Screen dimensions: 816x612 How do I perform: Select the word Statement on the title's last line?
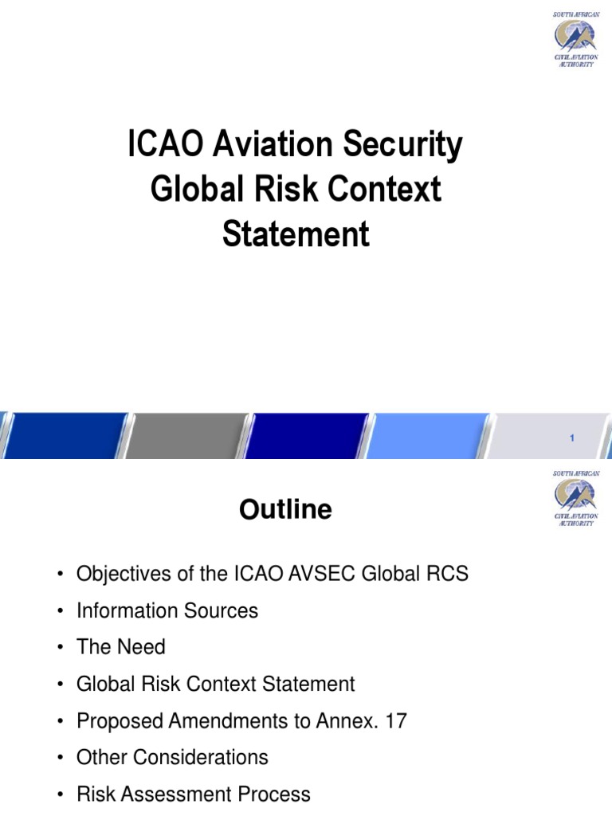(296, 234)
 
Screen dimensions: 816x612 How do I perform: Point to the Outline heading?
(285, 510)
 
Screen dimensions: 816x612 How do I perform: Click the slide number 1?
(572, 438)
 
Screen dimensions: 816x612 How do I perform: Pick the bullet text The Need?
(121, 647)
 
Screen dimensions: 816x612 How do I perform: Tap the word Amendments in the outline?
(232, 721)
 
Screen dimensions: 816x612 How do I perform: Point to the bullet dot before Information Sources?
(59, 612)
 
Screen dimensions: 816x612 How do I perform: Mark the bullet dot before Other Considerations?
(59, 758)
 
